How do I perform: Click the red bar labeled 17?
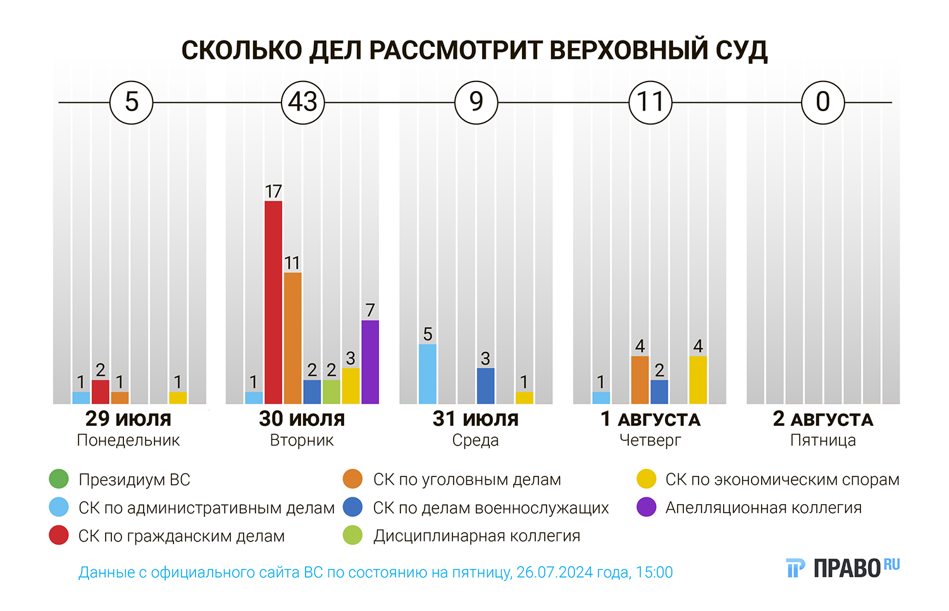pyautogui.click(x=273, y=302)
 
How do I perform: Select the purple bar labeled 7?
pyautogui.click(x=370, y=361)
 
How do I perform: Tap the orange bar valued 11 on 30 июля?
pyautogui.click(x=292, y=338)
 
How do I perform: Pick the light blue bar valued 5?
pyautogui.click(x=428, y=373)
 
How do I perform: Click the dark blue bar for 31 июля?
pyautogui.click(x=485, y=385)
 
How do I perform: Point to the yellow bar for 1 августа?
pyautogui.click(x=698, y=380)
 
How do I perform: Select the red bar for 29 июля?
pyautogui.click(x=100, y=392)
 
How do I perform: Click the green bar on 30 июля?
pyautogui.click(x=331, y=392)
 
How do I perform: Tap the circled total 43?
pyautogui.click(x=302, y=102)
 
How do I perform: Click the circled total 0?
pyautogui.click(x=822, y=102)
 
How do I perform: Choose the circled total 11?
pyautogui.click(x=650, y=102)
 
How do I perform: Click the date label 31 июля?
pyautogui.click(x=475, y=418)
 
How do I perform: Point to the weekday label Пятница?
pyautogui.click(x=822, y=440)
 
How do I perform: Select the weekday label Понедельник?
pyautogui.click(x=128, y=440)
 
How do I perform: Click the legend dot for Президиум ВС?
pyautogui.click(x=59, y=479)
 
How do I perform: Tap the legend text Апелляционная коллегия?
pyautogui.click(x=763, y=507)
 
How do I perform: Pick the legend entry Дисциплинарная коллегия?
pyautogui.click(x=476, y=536)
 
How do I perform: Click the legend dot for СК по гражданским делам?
pyautogui.click(x=59, y=535)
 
